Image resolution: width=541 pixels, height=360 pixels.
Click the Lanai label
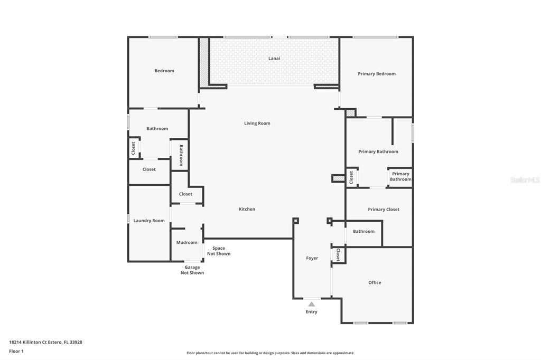click(274, 58)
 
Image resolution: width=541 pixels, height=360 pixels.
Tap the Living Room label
click(257, 123)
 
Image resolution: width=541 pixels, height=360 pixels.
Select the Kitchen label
click(247, 209)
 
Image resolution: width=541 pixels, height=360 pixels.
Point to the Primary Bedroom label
click(377, 74)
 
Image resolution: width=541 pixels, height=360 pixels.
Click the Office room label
click(375, 282)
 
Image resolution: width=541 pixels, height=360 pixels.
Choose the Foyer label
click(312, 258)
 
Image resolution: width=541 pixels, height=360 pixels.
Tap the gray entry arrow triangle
click(312, 304)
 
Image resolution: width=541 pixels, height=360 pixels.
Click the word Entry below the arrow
click(312, 312)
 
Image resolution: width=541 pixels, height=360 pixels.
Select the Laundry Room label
click(149, 221)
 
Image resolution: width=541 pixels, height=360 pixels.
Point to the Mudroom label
click(186, 242)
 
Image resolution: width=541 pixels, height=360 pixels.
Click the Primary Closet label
click(384, 210)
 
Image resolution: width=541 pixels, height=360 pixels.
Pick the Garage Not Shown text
click(192, 270)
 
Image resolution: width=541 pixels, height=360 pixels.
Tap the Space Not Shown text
click(219, 251)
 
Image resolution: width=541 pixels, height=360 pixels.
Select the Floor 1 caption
click(16, 351)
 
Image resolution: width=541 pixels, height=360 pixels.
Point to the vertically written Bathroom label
click(181, 155)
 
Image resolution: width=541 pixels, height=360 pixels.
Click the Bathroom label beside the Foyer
click(363, 231)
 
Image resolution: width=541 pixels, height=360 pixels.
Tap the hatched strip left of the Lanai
click(204, 62)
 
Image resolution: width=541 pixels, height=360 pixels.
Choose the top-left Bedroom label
click(164, 71)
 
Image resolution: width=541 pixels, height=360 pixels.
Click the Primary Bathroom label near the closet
click(400, 176)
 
